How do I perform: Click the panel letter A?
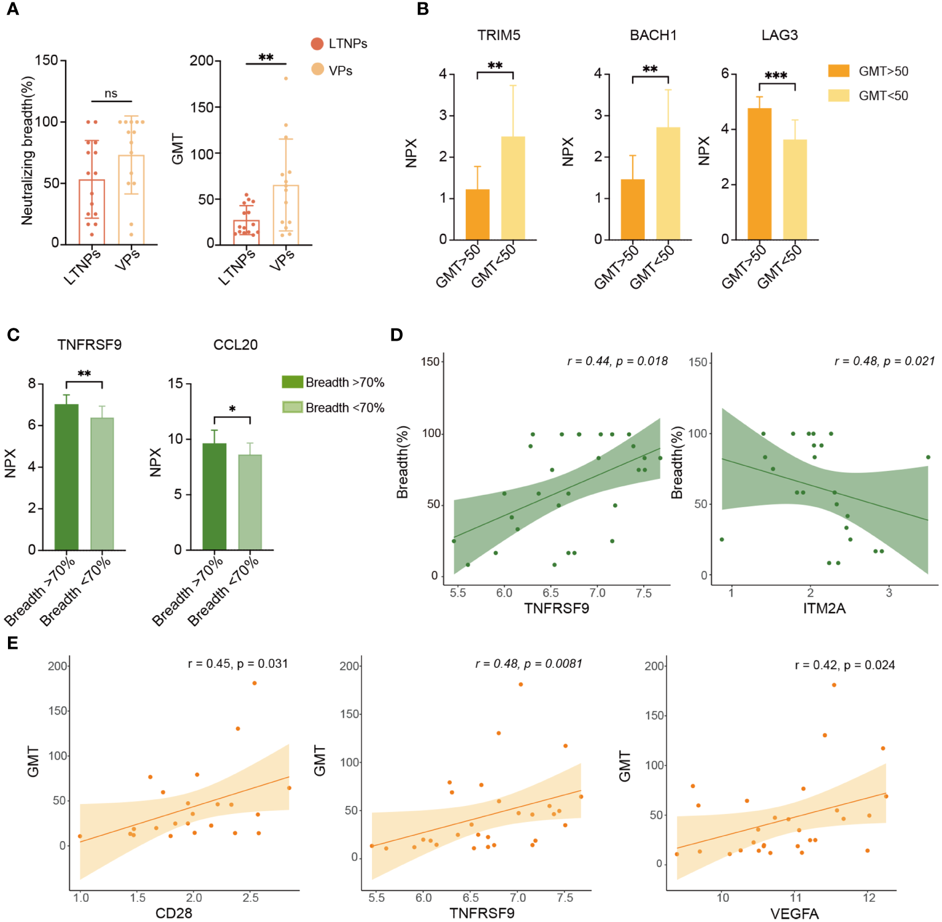click(x=12, y=9)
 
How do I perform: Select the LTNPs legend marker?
click(x=317, y=44)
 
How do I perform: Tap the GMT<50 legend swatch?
click(x=838, y=96)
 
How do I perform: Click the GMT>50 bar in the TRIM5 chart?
click(x=477, y=214)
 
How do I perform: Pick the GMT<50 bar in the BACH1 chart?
click(x=668, y=184)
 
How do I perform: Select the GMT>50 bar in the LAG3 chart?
click(x=759, y=174)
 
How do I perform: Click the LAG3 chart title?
click(x=779, y=35)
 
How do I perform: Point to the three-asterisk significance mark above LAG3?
click(x=776, y=76)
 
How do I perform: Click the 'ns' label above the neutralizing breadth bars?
click(x=110, y=93)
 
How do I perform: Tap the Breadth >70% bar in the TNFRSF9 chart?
click(x=66, y=477)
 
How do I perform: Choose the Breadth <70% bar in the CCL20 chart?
click(x=250, y=502)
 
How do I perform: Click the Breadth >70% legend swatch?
click(x=292, y=382)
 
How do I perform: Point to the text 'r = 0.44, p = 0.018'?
click(x=617, y=361)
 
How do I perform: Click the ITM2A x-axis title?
click(x=824, y=608)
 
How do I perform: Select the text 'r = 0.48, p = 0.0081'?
click(x=528, y=664)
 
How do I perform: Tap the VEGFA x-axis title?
click(x=794, y=914)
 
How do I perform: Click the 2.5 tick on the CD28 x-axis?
click(x=250, y=898)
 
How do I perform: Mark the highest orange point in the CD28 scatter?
click(x=254, y=683)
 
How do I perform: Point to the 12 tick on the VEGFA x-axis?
click(x=869, y=898)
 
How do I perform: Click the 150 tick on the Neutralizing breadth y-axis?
click(x=46, y=60)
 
